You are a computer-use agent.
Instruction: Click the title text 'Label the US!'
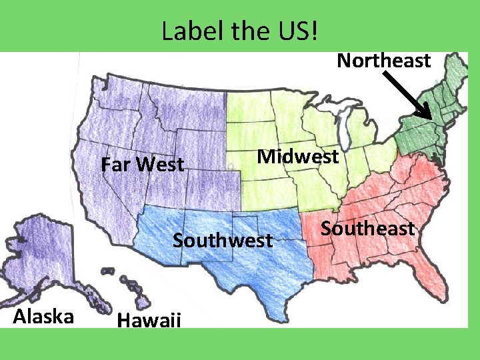[x=239, y=30]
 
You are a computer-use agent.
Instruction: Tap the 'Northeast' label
[x=383, y=61]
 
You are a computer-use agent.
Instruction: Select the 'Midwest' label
[x=298, y=157]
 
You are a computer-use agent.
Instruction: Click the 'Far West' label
[x=142, y=164]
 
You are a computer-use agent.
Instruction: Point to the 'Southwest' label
[x=223, y=240]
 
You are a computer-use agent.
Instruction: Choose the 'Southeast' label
[x=367, y=229]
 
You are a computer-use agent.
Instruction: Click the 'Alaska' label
[x=43, y=316]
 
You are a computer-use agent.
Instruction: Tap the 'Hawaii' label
[x=149, y=321]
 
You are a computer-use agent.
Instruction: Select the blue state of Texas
[x=253, y=267]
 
